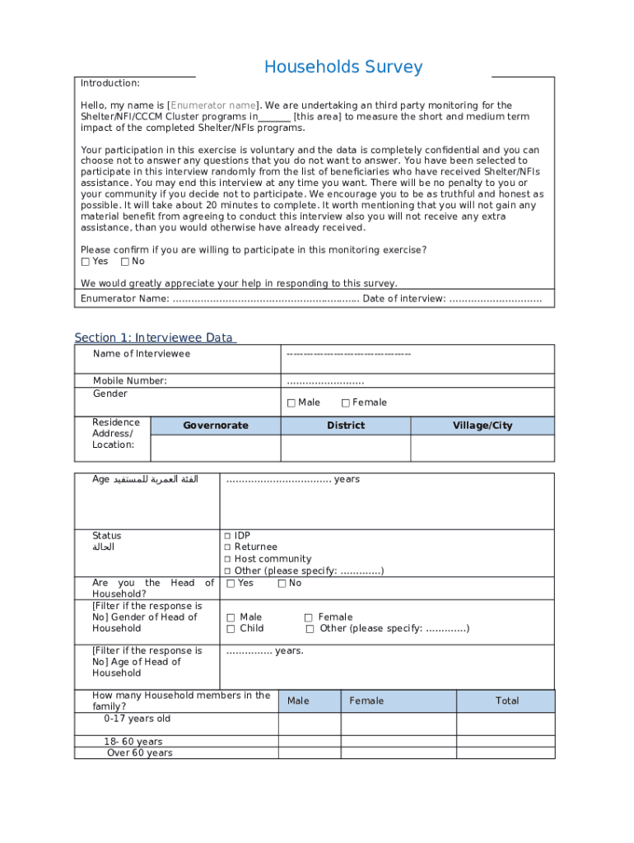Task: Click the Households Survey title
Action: (x=343, y=68)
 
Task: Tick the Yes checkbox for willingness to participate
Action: (x=86, y=262)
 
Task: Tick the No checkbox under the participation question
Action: (x=124, y=262)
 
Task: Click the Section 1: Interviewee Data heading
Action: (x=155, y=338)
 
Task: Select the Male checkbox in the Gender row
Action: (x=291, y=403)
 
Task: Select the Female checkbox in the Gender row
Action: (x=346, y=403)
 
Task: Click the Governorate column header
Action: (x=215, y=426)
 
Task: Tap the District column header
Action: (x=345, y=426)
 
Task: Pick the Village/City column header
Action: (x=482, y=426)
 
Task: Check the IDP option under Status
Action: (x=228, y=536)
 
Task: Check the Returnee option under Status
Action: (x=228, y=547)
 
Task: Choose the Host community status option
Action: (x=228, y=559)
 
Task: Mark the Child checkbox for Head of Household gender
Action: (x=231, y=629)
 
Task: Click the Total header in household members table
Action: (x=506, y=701)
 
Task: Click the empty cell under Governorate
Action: (x=215, y=448)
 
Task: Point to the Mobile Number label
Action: (x=129, y=380)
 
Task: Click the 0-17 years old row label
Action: (x=137, y=719)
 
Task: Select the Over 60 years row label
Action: (x=139, y=753)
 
